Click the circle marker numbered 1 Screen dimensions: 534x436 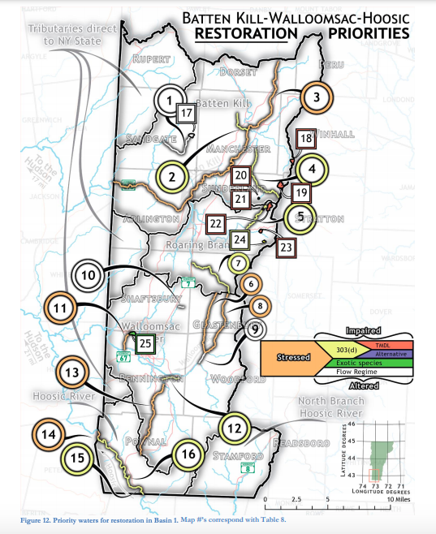pyautogui.click(x=169, y=101)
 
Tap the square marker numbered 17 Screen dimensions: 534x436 pyautogui.click(x=186, y=113)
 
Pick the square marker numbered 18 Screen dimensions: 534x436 pyautogui.click(x=305, y=138)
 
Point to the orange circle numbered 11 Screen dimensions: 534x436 pyautogui.click(x=60, y=308)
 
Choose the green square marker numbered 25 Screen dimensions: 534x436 pyautogui.click(x=145, y=343)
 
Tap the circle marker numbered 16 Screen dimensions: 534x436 pyautogui.click(x=188, y=454)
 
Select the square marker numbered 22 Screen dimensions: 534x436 pyautogui.click(x=216, y=222)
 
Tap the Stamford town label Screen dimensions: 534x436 pyautogui.click(x=239, y=455)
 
